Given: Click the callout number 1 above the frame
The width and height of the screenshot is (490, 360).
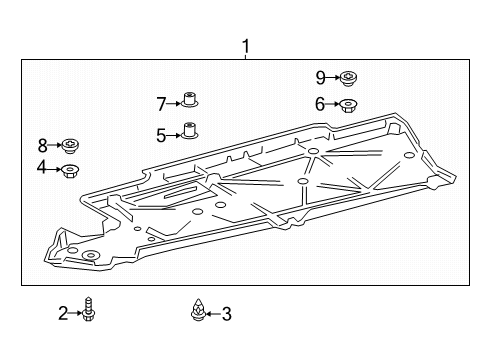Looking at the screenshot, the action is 246,47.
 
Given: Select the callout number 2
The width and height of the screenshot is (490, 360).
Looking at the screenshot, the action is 63,313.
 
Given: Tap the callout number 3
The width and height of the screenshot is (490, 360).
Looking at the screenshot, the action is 227,314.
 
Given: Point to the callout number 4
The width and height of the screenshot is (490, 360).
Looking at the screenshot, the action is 42,167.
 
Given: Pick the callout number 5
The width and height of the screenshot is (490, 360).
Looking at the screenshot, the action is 161,136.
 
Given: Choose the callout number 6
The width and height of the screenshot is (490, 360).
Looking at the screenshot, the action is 320,104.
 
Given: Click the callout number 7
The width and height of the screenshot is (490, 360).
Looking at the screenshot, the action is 161,104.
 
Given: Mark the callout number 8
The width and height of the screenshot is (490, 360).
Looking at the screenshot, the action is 43,146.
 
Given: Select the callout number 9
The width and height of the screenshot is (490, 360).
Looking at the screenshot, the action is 320,78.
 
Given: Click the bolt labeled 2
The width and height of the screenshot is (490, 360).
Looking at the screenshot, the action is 89,309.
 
